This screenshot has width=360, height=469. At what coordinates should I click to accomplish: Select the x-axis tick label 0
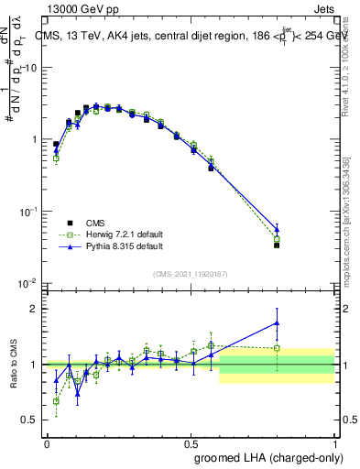(x=47, y=443)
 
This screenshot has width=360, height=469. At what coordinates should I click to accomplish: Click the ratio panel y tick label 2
(x=35, y=309)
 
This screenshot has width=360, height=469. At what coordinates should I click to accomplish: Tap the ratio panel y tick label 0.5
(x=30, y=420)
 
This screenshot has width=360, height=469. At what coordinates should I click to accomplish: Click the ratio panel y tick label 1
(x=35, y=365)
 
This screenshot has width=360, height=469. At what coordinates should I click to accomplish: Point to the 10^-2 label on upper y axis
(x=27, y=282)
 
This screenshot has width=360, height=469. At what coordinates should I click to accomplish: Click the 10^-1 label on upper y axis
(x=27, y=211)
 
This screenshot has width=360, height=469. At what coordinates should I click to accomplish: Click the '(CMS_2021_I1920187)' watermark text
(x=190, y=273)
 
